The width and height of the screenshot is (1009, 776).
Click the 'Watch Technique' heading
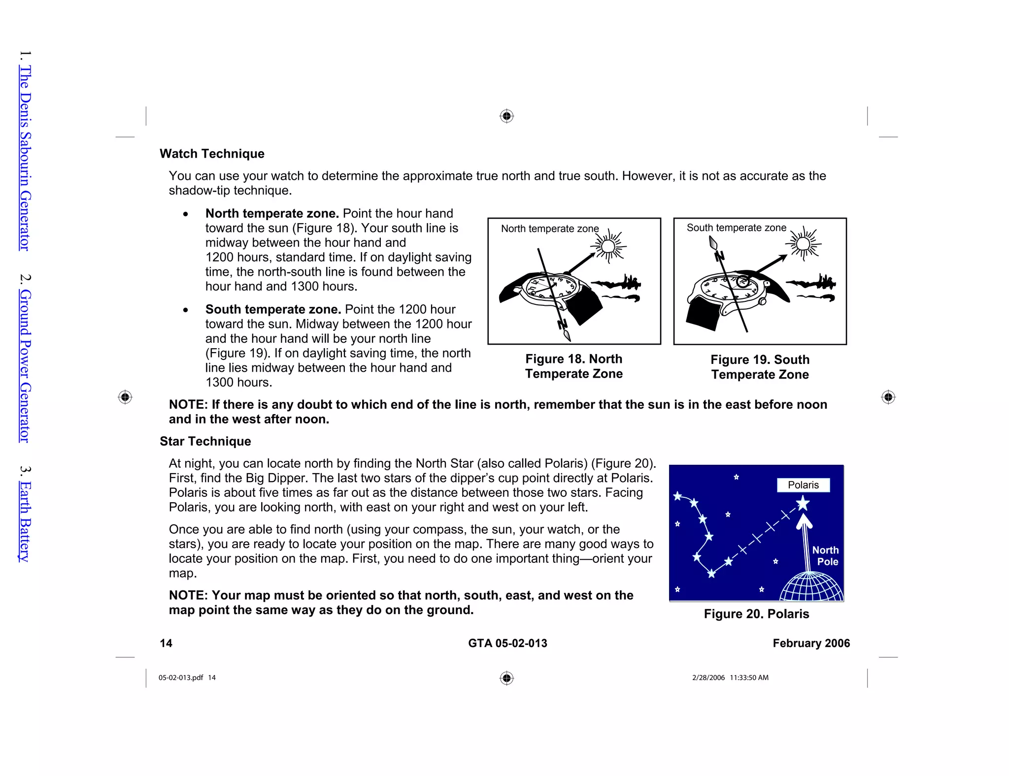pyautogui.click(x=212, y=154)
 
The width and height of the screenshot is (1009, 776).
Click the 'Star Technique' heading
pyautogui.click(x=205, y=441)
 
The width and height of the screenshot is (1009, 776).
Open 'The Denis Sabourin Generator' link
pyautogui.click(x=25, y=158)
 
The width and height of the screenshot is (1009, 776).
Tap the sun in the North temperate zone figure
pyautogui.click(x=609, y=246)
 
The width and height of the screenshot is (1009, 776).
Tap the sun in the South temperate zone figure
pyautogui.click(x=803, y=244)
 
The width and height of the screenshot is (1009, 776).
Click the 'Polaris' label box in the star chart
pyautogui.click(x=803, y=485)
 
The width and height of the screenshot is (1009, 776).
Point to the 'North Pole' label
pyautogui.click(x=826, y=556)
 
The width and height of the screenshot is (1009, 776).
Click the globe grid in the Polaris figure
pyautogui.click(x=811, y=588)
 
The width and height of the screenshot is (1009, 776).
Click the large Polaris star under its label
pyautogui.click(x=803, y=503)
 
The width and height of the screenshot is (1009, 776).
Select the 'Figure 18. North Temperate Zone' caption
pyautogui.click(x=574, y=366)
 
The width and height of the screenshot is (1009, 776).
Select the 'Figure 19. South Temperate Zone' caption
pyautogui.click(x=760, y=367)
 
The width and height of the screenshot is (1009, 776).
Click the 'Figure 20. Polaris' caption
pyautogui.click(x=756, y=614)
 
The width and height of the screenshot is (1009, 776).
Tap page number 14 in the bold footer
pyautogui.click(x=166, y=643)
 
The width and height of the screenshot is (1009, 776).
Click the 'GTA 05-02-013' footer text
pyautogui.click(x=507, y=643)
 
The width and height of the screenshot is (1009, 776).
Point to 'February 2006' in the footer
pyautogui.click(x=811, y=643)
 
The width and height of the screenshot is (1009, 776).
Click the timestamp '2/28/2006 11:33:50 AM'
pyautogui.click(x=730, y=678)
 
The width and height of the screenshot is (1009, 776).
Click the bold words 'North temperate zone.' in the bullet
pyautogui.click(x=272, y=213)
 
